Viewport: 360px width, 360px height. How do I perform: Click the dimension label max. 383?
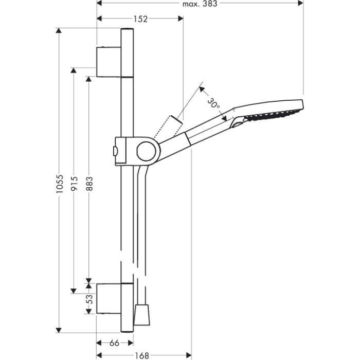200,4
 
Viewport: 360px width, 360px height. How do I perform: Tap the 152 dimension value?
140,19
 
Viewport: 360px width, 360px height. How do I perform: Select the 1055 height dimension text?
60,184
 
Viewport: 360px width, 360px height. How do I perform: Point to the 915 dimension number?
75,183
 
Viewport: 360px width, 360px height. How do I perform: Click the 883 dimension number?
89,184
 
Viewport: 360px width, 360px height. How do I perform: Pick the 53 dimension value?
90,299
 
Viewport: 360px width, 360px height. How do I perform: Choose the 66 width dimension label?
114,343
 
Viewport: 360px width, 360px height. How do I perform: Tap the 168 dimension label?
141,356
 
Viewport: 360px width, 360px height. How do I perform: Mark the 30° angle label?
213,103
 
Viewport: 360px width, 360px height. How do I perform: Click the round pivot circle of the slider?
146,151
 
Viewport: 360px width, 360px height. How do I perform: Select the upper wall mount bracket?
109,62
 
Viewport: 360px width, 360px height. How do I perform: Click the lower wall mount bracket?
109,299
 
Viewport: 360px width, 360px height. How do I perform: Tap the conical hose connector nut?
142,315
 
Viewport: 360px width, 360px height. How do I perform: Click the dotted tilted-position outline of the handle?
168,127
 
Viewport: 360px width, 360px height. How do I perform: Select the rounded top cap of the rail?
127,29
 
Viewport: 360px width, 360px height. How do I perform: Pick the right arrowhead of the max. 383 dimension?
300,3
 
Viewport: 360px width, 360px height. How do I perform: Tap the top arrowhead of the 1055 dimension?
59,31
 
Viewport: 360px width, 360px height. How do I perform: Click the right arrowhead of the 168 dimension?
189,356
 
